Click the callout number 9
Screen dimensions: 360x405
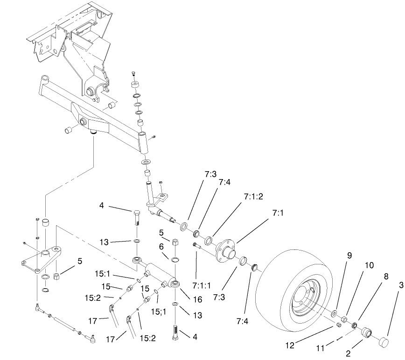point(349,255)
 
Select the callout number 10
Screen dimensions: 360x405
point(369,264)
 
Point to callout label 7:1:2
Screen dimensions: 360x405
point(253,196)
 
